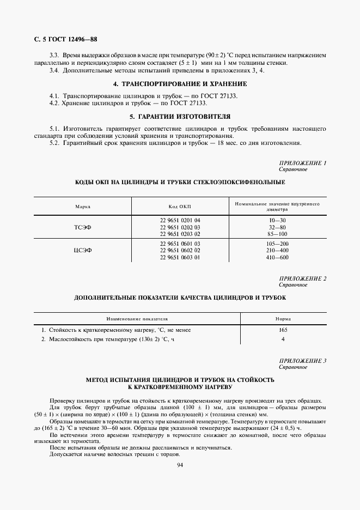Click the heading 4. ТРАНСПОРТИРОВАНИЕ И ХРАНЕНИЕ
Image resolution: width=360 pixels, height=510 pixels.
(180, 84)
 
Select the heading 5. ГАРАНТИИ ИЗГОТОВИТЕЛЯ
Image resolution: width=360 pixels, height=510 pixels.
(180, 117)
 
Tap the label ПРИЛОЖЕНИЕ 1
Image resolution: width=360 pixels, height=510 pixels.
(302, 163)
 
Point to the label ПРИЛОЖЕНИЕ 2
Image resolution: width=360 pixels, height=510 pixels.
(302, 279)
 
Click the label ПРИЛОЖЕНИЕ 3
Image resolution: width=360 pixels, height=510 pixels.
(302, 361)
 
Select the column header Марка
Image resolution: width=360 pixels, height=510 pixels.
(83, 207)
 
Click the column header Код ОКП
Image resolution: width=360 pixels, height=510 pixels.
(180, 207)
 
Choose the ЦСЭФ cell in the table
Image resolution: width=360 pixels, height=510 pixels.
(83, 250)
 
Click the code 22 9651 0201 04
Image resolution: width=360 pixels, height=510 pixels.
(180, 220)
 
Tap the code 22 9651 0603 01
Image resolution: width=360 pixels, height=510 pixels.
(180, 257)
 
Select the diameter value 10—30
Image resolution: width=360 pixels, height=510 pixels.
(277, 220)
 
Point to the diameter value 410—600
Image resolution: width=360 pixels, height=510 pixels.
(277, 257)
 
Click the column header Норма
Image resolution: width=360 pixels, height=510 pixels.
(283, 319)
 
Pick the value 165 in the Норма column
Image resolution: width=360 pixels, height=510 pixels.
(283, 330)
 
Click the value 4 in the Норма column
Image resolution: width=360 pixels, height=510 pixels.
(283, 339)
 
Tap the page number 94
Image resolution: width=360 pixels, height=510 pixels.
(180, 464)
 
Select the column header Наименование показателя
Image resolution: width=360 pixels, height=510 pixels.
(137, 319)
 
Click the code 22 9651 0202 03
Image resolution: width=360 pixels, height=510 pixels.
(180, 227)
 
